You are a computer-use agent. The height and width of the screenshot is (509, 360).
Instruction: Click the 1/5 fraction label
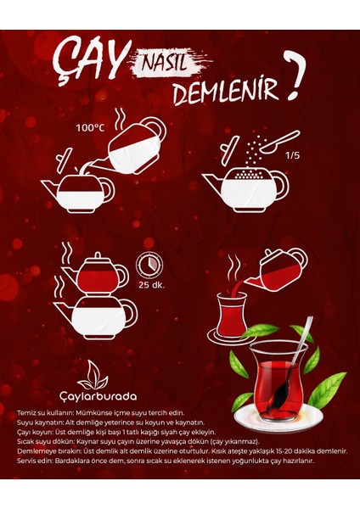tap(292, 154)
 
